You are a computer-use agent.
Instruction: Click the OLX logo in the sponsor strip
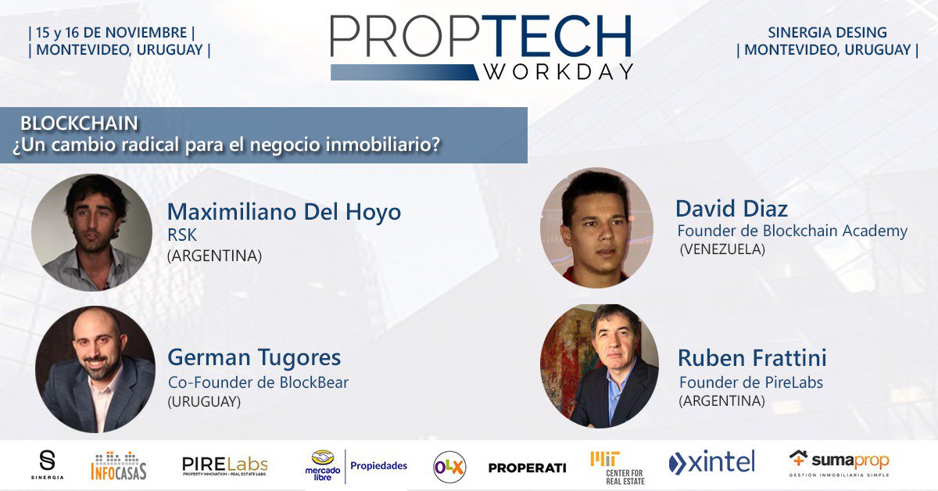click(x=449, y=467)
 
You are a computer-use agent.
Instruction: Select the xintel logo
click(x=712, y=463)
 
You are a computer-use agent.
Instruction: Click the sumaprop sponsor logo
click(x=839, y=462)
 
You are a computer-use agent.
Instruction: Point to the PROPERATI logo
click(x=527, y=468)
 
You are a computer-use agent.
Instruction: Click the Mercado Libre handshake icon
click(x=324, y=458)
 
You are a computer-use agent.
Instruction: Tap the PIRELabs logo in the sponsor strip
click(x=224, y=466)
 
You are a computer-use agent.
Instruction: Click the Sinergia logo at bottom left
click(x=47, y=464)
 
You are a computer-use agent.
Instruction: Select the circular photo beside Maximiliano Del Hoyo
click(x=92, y=232)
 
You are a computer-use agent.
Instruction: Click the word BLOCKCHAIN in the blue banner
click(x=79, y=123)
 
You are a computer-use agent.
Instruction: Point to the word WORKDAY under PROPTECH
click(x=558, y=72)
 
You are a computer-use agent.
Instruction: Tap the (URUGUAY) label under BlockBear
click(x=204, y=402)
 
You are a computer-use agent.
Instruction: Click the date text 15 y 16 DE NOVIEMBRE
click(x=112, y=33)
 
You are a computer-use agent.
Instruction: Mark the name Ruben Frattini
click(x=752, y=358)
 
